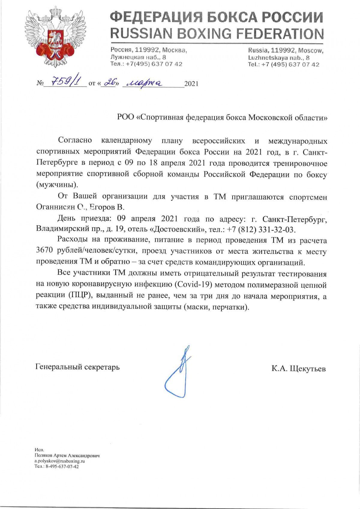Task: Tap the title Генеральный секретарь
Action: click(77, 367)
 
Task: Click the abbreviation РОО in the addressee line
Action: click(126, 117)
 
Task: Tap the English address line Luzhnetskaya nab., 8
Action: click(279, 58)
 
